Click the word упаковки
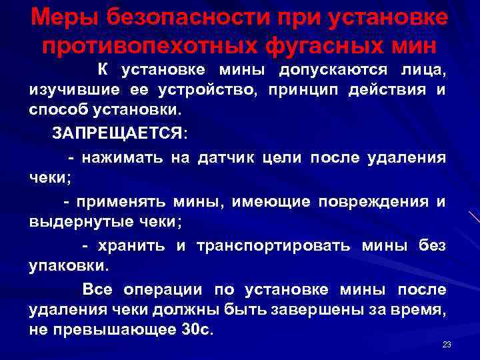coord(67,266)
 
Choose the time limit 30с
coord(196,331)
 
